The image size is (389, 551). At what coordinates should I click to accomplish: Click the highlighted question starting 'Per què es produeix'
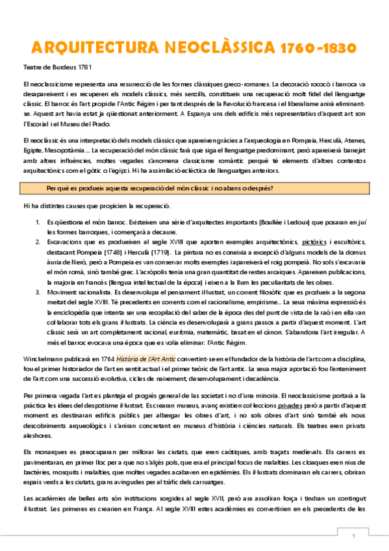[x=160, y=188]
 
